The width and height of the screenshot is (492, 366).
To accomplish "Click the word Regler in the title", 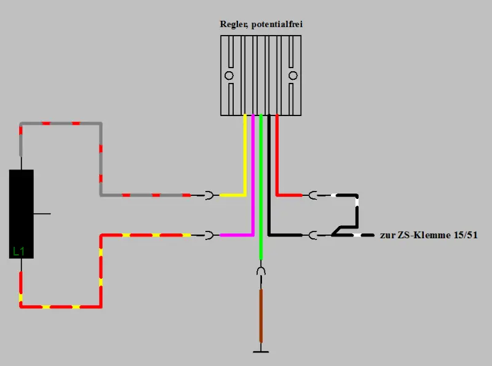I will tap(232, 25).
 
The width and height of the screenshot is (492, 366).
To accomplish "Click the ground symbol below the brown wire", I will tap(261, 351).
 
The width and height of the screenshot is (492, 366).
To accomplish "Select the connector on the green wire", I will tap(261, 271).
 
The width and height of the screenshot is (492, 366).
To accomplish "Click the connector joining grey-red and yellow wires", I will tap(210, 195).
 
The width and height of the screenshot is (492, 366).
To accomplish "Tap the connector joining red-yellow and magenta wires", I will tap(210, 235).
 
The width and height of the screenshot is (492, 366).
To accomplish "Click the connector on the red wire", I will tap(313, 195).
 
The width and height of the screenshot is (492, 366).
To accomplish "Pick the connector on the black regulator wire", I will tap(313, 235).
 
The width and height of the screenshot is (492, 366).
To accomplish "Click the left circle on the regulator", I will tap(229, 76).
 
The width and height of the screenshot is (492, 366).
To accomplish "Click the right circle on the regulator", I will tap(293, 76).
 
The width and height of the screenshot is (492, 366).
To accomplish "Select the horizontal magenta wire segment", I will tap(236, 235).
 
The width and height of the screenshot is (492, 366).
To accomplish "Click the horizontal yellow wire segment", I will tap(232, 195).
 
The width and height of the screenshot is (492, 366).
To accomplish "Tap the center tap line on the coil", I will tap(42, 214).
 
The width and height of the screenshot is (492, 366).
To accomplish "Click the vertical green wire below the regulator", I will tap(261, 184).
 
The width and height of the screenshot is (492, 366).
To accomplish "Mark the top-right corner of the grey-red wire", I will tap(101, 123).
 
